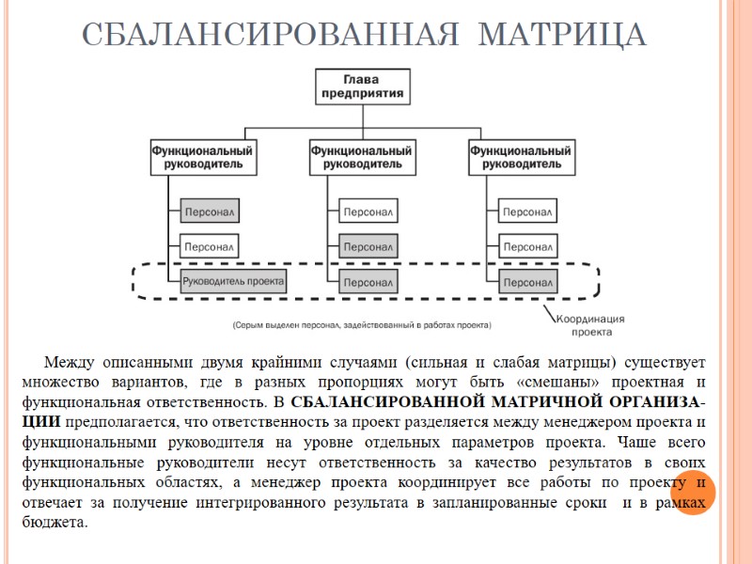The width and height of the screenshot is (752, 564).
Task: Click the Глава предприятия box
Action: [x=361, y=86]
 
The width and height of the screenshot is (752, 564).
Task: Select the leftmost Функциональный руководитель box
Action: [x=202, y=157]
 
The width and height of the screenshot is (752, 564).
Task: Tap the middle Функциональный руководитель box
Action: [x=361, y=157]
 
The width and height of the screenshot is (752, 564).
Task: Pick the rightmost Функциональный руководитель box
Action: [x=520, y=157]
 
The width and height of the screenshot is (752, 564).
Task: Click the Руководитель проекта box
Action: [x=233, y=280]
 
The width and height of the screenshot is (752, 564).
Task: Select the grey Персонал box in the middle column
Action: [x=368, y=247]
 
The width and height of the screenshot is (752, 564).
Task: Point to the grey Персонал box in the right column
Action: [x=526, y=281]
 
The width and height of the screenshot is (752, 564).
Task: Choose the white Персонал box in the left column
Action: [x=209, y=247]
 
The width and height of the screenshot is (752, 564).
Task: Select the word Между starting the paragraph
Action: [x=68, y=362]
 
